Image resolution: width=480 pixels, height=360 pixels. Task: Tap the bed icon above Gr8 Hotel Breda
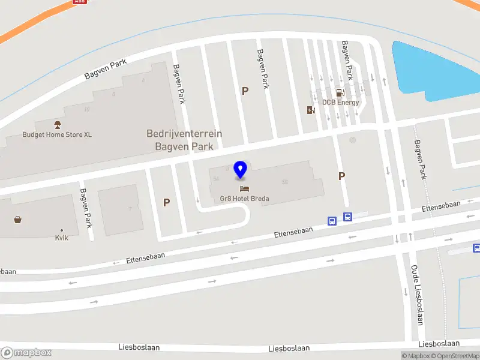(x=244, y=188)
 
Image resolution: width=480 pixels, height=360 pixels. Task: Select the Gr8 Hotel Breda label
(x=244, y=199)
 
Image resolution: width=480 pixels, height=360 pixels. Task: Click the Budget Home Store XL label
(x=57, y=134)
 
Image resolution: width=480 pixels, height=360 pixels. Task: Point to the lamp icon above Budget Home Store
(x=58, y=124)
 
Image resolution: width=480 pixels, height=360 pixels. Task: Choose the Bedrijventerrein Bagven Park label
(x=184, y=140)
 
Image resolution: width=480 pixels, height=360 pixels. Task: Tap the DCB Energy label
(x=340, y=102)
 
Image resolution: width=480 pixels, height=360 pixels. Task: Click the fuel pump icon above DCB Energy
(x=340, y=92)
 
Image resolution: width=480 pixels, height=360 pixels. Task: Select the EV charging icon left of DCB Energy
(x=310, y=110)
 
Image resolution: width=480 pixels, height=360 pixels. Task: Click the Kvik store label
(x=61, y=238)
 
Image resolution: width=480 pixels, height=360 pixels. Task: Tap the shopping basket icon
(x=18, y=220)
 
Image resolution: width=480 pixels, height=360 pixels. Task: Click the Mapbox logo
(x=26, y=352)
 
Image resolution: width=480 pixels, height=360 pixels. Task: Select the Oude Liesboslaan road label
(x=418, y=294)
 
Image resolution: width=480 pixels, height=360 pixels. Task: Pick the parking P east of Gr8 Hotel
(x=341, y=176)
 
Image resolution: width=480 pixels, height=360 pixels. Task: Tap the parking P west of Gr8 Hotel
(x=166, y=203)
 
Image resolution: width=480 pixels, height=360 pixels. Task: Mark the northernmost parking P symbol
(x=245, y=91)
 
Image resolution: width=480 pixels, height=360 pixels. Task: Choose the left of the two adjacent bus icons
(x=332, y=221)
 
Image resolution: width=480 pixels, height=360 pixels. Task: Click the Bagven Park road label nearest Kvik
(x=85, y=208)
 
